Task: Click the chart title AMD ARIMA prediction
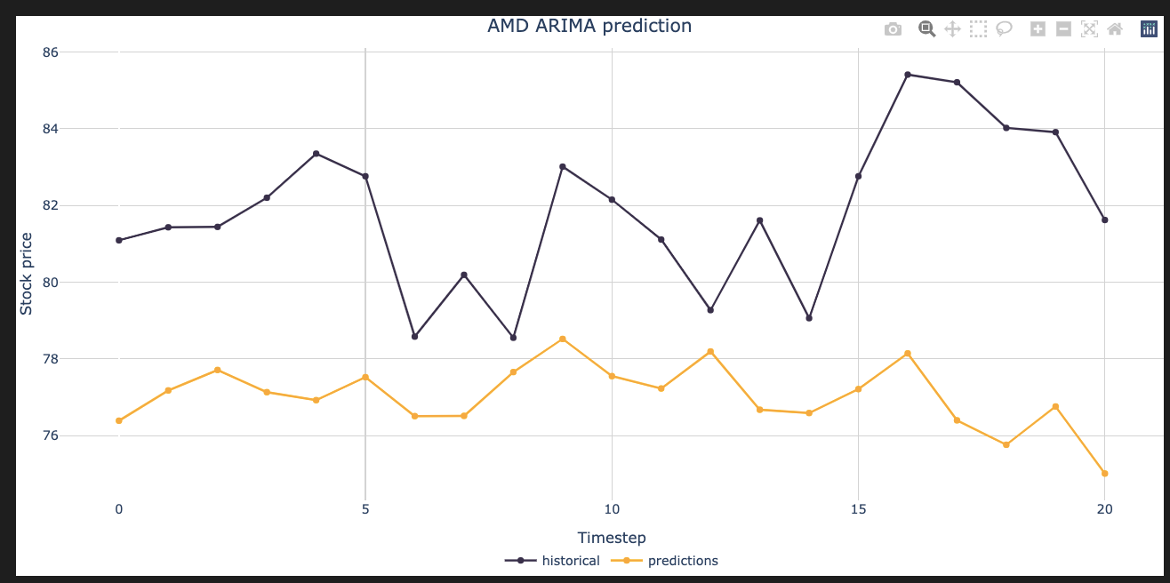[x=589, y=26]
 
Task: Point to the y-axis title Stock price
[x=27, y=274]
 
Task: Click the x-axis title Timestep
[x=612, y=538]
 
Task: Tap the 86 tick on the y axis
[x=50, y=52]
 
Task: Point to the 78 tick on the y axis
[x=50, y=359]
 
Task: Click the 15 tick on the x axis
[x=858, y=509]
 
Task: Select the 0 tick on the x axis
[x=118, y=509]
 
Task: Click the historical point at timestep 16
[x=907, y=75]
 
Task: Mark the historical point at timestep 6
[x=414, y=337]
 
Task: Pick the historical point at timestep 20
[x=1104, y=220]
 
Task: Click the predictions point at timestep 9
[x=562, y=339]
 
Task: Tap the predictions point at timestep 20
[x=1104, y=474]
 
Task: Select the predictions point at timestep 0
[x=118, y=420]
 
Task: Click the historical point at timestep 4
[x=316, y=154]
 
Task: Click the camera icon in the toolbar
[x=893, y=29]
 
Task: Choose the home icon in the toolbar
[x=1115, y=29]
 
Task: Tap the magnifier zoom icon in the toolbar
[x=926, y=29]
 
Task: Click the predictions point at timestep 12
[x=709, y=352]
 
